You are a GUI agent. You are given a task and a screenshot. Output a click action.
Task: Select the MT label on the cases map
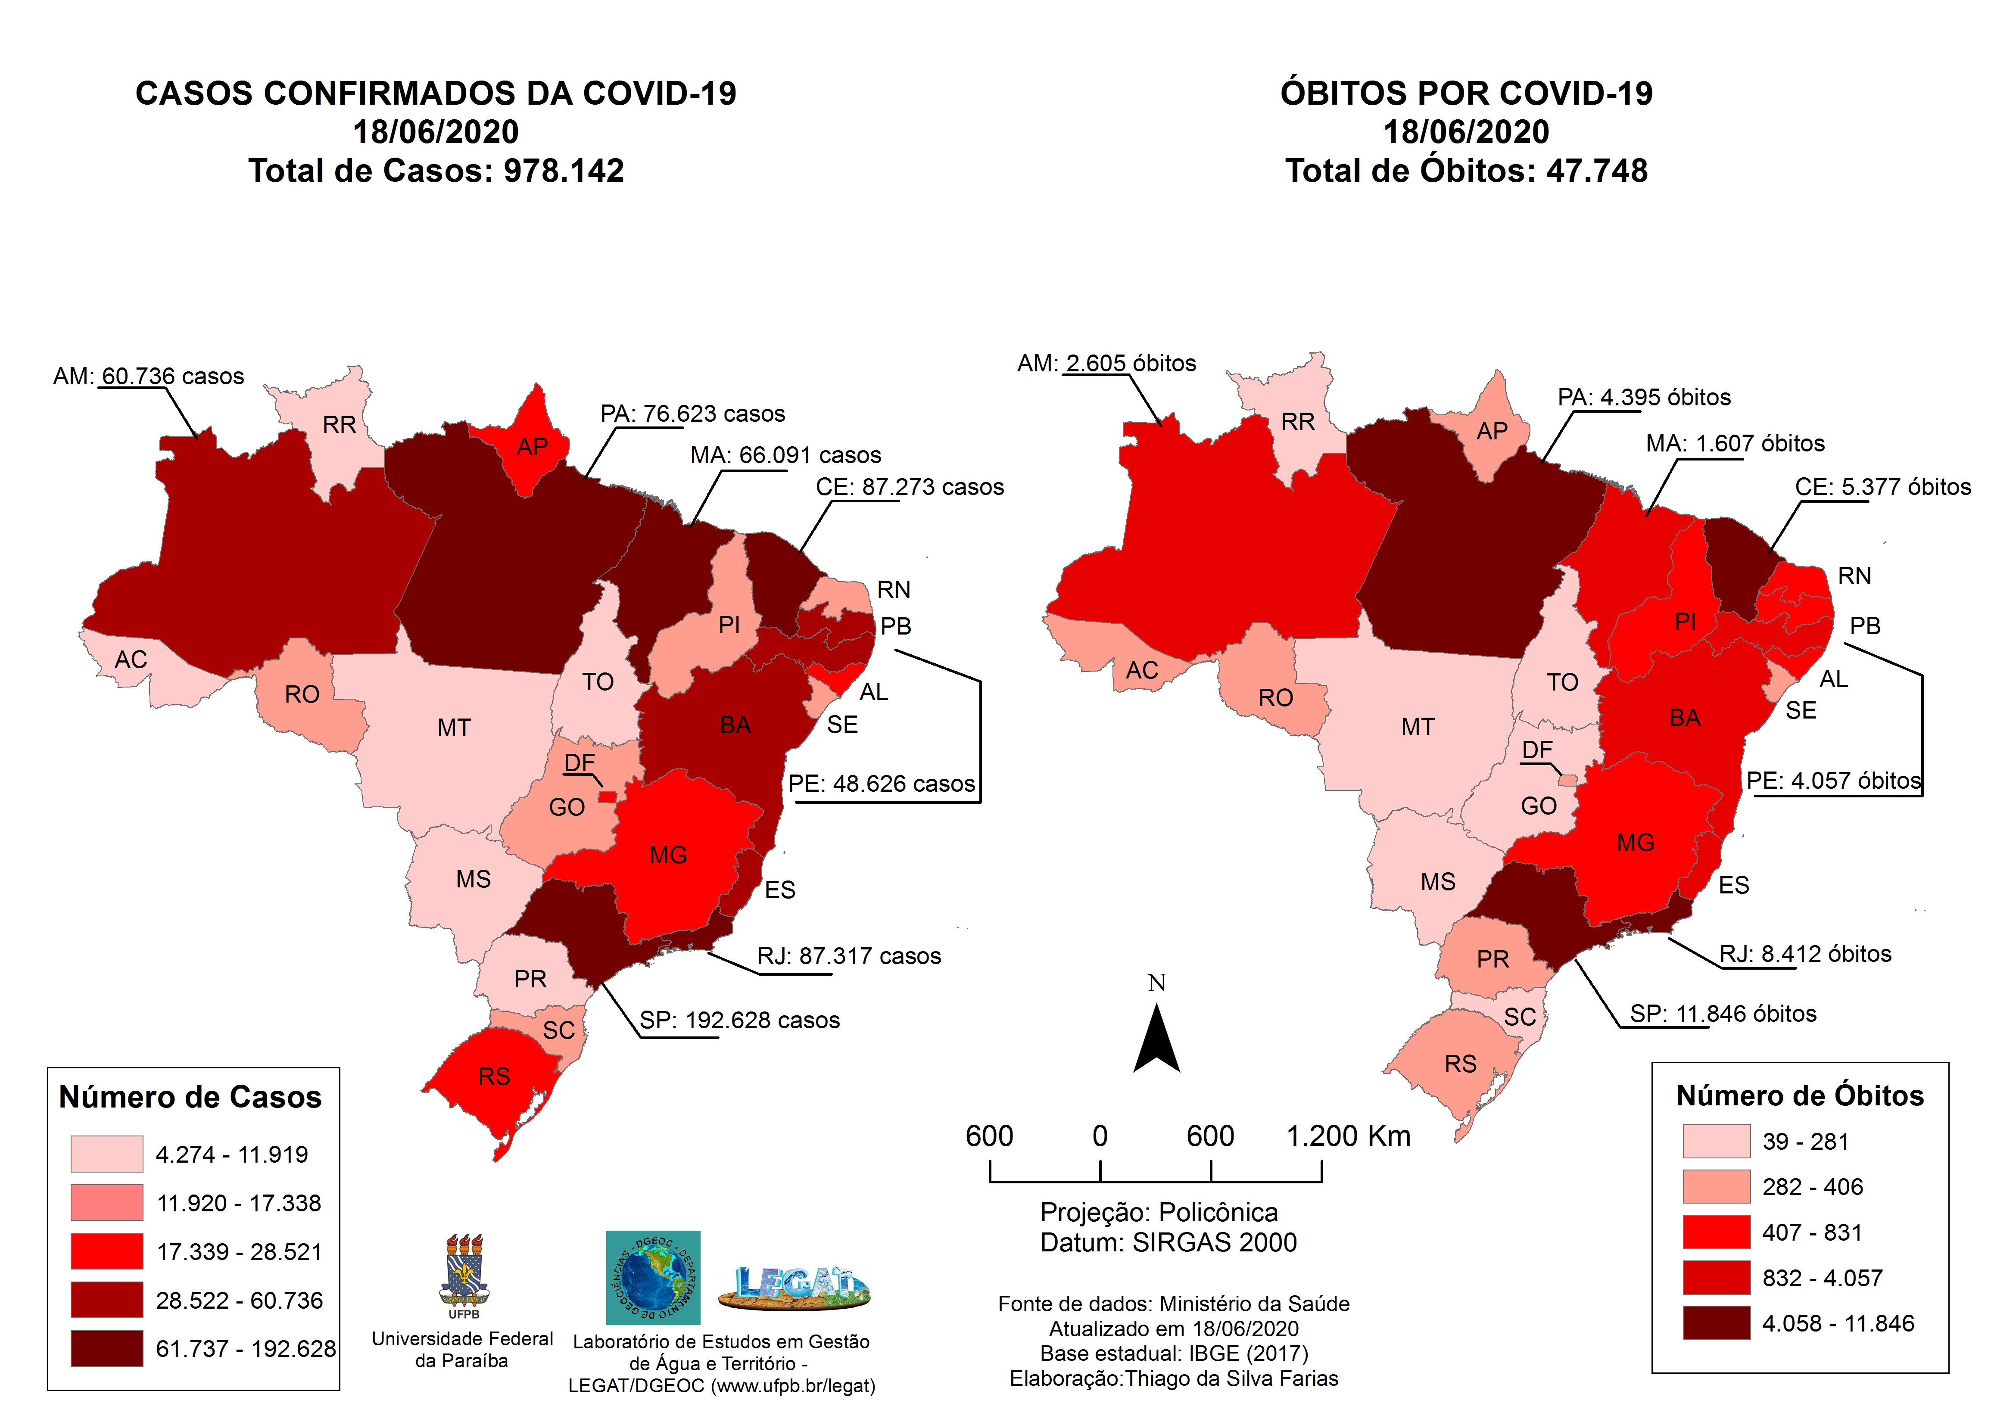pyautogui.click(x=454, y=728)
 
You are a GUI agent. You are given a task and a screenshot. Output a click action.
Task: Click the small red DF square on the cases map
pyautogui.click(x=607, y=797)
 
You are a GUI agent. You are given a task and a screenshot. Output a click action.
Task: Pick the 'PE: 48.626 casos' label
pyautogui.click(x=882, y=784)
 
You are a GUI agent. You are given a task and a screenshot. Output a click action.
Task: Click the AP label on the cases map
pyautogui.click(x=532, y=447)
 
